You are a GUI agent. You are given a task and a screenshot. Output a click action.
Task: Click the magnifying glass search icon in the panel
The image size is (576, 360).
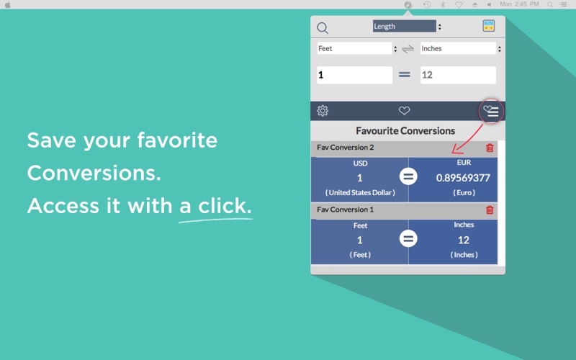323,28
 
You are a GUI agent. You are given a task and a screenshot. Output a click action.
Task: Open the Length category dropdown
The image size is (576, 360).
407,26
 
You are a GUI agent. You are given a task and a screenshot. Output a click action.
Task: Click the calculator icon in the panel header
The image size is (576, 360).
488,26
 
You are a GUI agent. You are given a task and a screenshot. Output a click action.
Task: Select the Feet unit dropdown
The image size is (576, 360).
357,48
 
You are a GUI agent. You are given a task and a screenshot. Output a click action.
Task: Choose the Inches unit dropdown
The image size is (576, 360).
461,48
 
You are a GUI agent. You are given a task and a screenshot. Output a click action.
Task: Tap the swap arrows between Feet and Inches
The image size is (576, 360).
408,49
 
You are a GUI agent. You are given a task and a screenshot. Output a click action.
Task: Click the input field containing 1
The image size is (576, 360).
354,75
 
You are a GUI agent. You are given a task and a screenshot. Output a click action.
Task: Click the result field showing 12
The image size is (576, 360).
458,75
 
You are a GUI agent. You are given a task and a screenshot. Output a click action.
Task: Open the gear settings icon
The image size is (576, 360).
323,111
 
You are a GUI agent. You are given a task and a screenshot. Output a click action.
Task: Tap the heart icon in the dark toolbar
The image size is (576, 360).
404,111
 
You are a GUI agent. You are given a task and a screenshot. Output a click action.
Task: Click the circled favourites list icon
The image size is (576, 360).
491,111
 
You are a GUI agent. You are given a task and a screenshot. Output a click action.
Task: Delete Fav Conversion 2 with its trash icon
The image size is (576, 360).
490,148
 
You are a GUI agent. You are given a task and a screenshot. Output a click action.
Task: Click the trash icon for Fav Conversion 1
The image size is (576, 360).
490,210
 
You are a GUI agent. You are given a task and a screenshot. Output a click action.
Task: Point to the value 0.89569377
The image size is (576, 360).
463,178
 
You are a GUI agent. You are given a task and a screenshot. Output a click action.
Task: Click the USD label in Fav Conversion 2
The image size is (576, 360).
360,163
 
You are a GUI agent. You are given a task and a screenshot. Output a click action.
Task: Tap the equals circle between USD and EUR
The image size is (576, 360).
408,176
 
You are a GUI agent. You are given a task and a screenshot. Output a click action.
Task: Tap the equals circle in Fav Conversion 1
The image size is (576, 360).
408,239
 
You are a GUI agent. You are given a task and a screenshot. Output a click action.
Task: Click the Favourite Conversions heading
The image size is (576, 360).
405,131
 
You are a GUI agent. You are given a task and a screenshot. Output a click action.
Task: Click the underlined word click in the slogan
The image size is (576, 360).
225,205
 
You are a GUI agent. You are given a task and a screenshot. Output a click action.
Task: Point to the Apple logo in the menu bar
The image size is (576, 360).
8,4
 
